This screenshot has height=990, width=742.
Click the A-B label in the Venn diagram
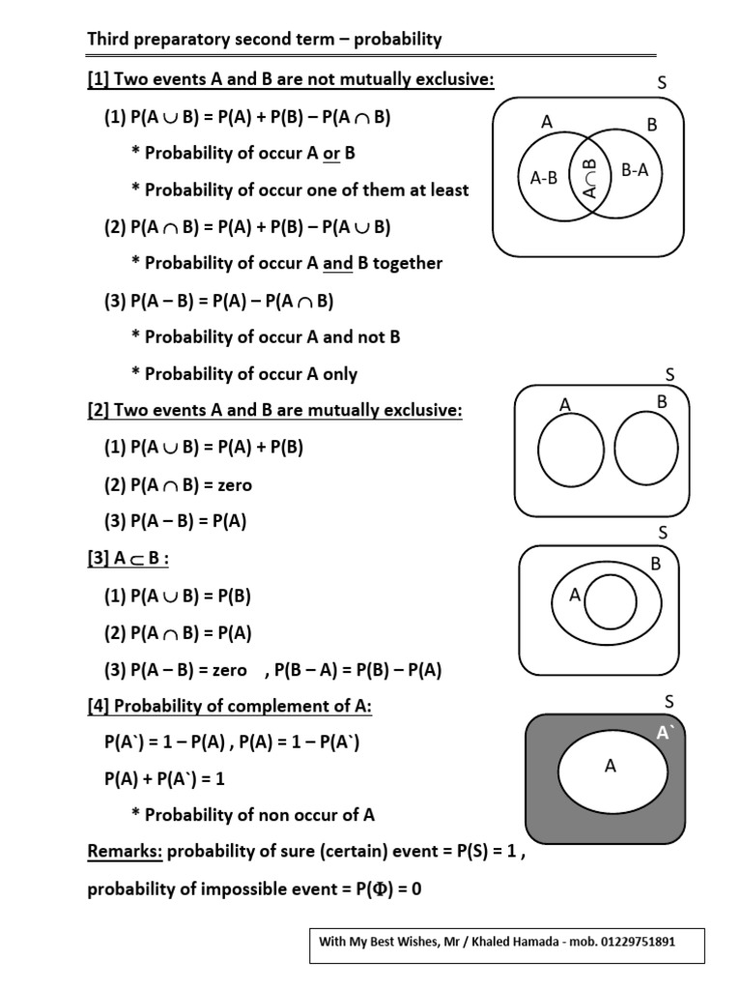coord(544,177)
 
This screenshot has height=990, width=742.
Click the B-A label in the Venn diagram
coord(635,171)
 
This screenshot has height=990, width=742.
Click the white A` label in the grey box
coord(665,734)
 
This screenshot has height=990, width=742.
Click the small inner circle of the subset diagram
coord(609,600)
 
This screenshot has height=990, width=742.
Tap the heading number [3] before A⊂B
coord(99,560)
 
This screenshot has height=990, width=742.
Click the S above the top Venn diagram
coord(662,84)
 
